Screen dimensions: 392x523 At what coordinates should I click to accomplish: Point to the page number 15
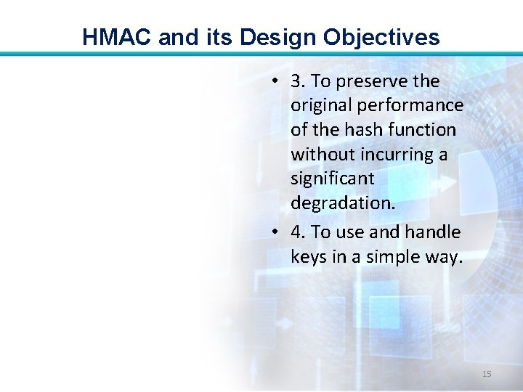487,374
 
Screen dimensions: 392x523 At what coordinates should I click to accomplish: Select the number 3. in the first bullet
298,81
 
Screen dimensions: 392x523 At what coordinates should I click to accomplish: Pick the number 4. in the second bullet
298,232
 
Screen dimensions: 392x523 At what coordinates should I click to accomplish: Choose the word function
423,130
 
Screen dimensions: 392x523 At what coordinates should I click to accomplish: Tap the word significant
332,179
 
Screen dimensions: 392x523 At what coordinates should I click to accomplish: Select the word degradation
343,203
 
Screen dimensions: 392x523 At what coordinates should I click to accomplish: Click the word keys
309,257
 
